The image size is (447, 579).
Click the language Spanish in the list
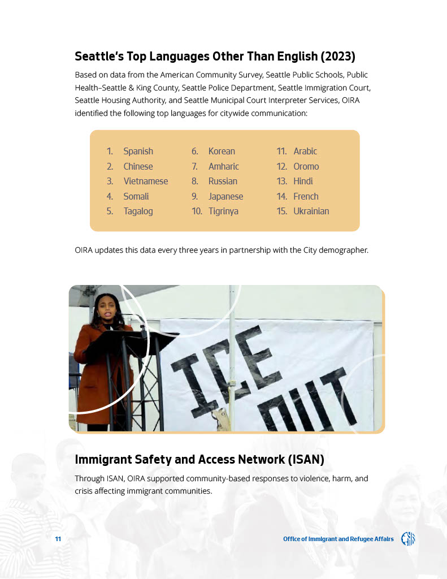pos(138,152)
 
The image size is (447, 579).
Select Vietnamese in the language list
pos(145,182)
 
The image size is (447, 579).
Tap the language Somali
pos(136,197)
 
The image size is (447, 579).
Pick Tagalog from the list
pos(138,211)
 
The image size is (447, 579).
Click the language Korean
pos(222,152)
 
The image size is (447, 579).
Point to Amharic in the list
pos(223,167)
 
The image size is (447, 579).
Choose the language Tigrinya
pos(223,211)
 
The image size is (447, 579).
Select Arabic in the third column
pos(305,152)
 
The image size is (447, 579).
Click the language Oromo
pos(306,167)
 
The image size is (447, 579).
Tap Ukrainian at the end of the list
pos(311,211)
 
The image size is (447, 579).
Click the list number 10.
pos(197,211)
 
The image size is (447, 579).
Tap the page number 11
pos(58,539)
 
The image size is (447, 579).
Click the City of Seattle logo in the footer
pos(408,539)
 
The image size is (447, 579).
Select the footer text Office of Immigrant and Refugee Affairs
pos(338,539)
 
